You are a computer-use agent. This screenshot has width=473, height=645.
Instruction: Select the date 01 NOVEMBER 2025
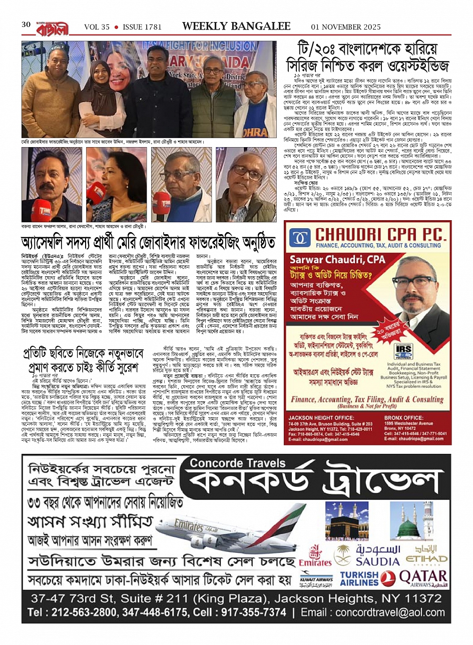[346, 27]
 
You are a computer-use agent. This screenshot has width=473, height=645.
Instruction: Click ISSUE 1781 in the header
[140, 27]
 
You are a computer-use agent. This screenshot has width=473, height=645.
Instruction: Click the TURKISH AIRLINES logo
[359, 579]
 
